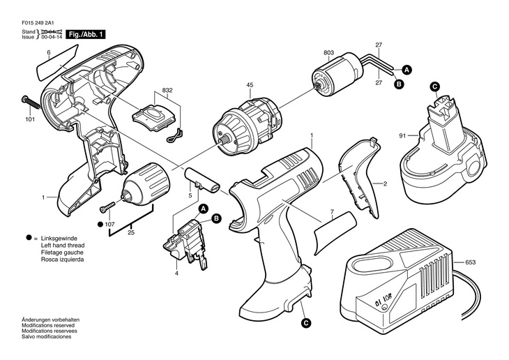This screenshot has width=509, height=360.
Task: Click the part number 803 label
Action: pyautogui.click(x=328, y=53)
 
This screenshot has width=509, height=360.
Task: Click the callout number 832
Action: pyautogui.click(x=167, y=91)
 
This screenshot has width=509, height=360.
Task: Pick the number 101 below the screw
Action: pyautogui.click(x=29, y=119)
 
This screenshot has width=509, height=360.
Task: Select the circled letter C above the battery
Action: pyautogui.click(x=434, y=86)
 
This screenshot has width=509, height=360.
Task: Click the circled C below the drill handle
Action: pyautogui.click(x=305, y=323)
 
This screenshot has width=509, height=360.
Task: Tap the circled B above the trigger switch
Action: pyautogui.click(x=216, y=218)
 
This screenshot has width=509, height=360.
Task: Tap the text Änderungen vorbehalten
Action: pyautogui.click(x=50, y=320)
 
